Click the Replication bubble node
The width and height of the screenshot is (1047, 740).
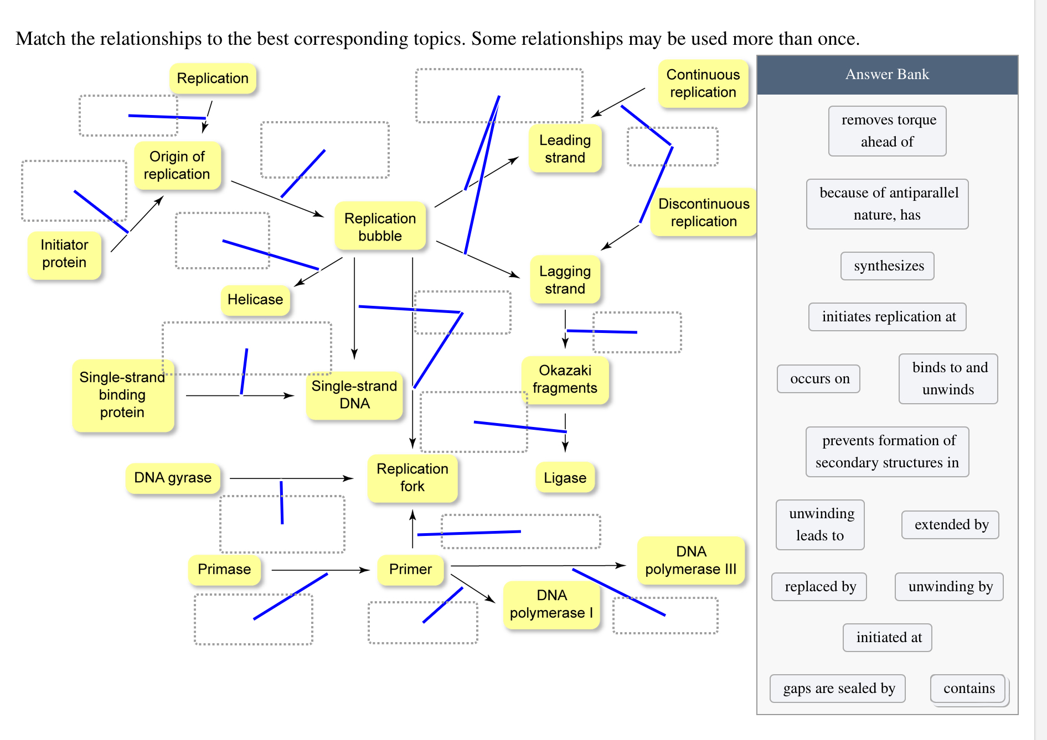(380, 227)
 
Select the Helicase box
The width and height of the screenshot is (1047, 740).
(255, 300)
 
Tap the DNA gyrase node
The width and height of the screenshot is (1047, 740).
(173, 478)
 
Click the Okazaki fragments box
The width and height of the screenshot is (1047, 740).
(565, 379)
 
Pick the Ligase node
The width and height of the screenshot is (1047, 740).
(565, 478)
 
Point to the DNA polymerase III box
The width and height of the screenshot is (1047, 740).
(690, 560)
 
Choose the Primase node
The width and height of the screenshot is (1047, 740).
(224, 570)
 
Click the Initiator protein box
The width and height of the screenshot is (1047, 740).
(64, 254)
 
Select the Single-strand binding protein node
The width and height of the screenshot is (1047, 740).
(122, 395)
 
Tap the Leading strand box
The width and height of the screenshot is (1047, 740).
(565, 149)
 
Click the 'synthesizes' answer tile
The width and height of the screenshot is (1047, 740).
(888, 266)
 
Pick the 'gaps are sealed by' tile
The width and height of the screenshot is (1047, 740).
(838, 689)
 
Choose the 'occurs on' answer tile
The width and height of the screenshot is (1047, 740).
(819, 379)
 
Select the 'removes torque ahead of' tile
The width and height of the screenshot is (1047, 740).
(888, 131)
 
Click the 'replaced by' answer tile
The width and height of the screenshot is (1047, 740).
(819, 587)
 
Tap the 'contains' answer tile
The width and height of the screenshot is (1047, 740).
(968, 689)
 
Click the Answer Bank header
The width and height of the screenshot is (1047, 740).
(887, 75)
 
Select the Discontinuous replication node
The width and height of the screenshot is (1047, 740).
(703, 212)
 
